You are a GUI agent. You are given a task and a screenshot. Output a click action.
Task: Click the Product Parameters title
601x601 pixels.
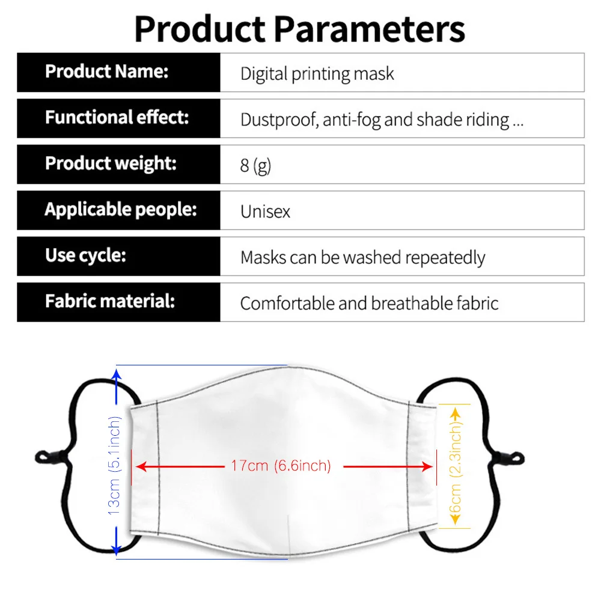tap(299, 29)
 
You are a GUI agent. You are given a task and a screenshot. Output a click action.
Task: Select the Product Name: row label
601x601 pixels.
tap(107, 72)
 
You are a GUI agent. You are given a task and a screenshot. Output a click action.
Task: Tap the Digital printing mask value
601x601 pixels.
tap(317, 74)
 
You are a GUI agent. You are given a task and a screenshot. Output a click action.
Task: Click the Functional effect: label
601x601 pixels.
tap(117, 117)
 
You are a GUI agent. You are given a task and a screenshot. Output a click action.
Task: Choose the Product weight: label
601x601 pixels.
tap(111, 163)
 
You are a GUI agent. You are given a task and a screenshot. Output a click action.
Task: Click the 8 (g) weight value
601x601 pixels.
tap(255, 166)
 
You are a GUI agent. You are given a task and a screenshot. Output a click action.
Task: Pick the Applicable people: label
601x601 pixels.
tap(121, 210)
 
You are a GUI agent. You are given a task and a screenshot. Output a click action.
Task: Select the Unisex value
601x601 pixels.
tap(265, 212)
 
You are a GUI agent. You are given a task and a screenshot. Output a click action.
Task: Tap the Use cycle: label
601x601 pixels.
tap(85, 255)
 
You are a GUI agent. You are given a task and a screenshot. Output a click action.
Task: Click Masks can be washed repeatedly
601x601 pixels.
tap(362, 258)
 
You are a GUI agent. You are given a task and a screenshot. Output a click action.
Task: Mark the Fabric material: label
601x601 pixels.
tap(110, 301)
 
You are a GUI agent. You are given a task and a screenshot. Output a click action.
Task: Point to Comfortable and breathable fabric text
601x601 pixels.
tap(369, 304)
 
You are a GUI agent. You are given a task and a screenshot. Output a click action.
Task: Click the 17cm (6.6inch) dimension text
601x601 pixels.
tap(281, 466)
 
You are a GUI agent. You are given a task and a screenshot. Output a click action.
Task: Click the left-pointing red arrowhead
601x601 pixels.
tap(142, 466)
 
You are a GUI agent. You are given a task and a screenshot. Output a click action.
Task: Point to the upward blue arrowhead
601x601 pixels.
tap(117, 374)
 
